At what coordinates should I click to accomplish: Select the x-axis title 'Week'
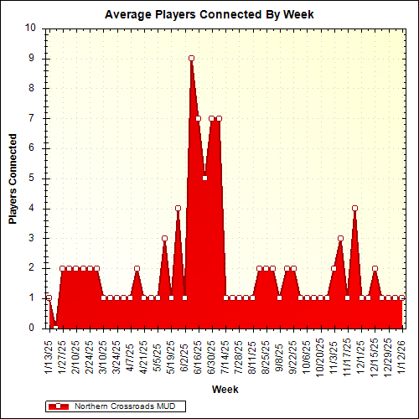225,389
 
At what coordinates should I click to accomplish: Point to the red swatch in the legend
59,406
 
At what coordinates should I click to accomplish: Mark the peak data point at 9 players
191,58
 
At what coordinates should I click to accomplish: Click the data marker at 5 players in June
204,178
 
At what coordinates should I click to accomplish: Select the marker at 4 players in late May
178,208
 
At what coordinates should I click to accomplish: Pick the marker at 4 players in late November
354,208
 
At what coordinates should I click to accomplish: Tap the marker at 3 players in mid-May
164,238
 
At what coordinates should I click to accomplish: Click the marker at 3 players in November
340,238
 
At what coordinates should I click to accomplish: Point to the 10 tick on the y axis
30,28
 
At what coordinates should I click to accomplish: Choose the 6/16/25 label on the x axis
199,354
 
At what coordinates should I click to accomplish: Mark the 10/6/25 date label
308,354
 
